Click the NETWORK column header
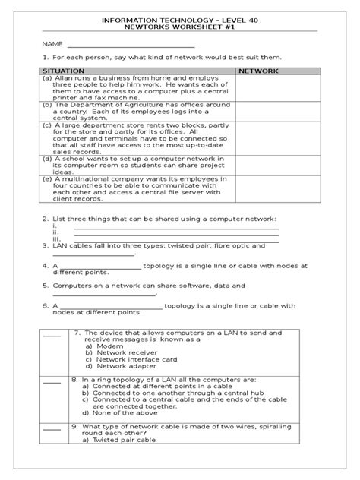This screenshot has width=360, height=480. (x=259, y=70)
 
